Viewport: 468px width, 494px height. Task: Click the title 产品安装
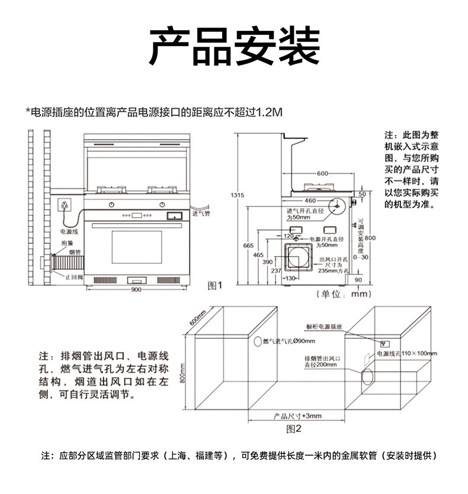[234, 47]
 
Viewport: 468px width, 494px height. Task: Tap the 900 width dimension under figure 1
[136, 289]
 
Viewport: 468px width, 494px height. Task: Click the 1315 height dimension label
[237, 195]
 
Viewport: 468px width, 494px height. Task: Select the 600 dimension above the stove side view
[322, 173]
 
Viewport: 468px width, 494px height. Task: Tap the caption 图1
[214, 286]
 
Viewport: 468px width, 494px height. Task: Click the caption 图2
[294, 428]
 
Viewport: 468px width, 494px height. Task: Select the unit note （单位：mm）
[343, 293]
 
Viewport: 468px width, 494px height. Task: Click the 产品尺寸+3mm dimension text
[297, 416]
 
